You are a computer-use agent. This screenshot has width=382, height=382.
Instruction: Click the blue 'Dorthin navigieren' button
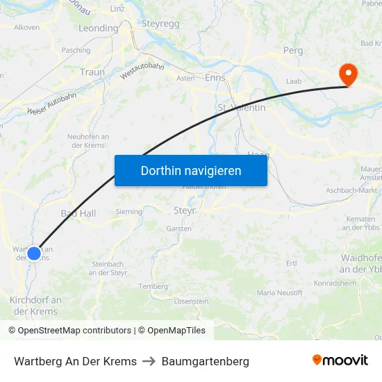pos(191,170)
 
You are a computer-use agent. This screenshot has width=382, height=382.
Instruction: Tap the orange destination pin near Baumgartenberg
pos(347,74)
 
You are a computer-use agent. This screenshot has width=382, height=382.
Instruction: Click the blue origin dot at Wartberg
pos(34,253)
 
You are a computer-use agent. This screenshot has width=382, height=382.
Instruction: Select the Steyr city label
pos(185,210)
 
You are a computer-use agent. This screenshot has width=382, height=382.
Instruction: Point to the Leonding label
pos(99,28)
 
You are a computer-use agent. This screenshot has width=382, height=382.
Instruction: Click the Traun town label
pos(92,72)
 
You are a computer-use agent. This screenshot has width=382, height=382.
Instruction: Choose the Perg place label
pos(293,51)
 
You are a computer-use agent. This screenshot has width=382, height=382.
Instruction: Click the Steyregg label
pos(161,24)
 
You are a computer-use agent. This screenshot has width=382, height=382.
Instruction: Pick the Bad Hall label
pos(78,213)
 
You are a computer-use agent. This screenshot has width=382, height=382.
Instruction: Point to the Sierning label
pos(129,212)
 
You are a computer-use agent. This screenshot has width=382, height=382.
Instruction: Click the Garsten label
pos(179,229)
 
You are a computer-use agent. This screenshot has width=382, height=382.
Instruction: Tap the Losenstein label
pos(191,301)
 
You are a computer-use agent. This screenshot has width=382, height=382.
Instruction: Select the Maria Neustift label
pos(280,293)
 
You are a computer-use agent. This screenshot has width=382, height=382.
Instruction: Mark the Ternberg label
pos(153,286)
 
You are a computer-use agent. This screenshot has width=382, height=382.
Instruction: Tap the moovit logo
pos(340,360)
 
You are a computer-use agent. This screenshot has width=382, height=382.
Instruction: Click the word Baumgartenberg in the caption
pos(206,361)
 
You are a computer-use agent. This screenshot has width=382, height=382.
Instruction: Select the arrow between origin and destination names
pos(149,361)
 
